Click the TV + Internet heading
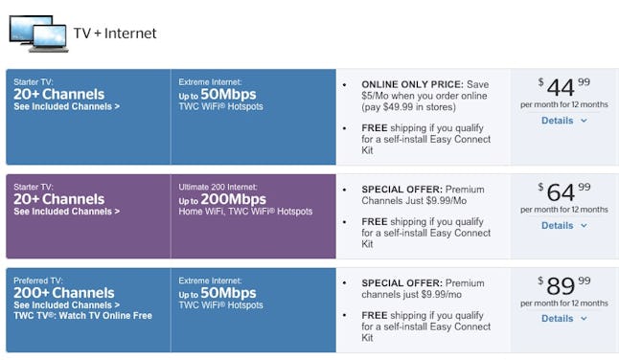click(115, 34)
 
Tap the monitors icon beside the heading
click(37, 34)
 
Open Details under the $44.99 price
click(562, 121)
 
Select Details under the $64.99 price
click(562, 225)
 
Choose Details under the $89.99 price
click(562, 318)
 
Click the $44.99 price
click(562, 88)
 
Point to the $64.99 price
click(562, 191)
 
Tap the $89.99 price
click(562, 285)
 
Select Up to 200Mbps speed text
click(218, 199)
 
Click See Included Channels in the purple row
click(67, 212)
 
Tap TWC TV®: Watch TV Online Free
click(82, 317)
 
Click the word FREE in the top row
click(376, 127)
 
